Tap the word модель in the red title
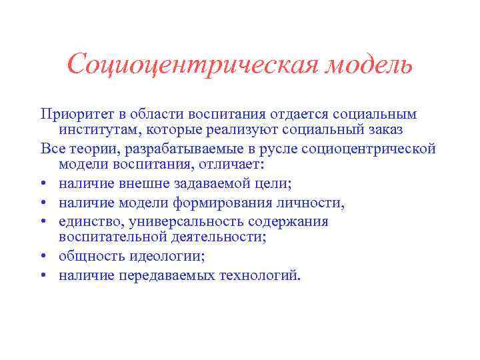tap(370, 65)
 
